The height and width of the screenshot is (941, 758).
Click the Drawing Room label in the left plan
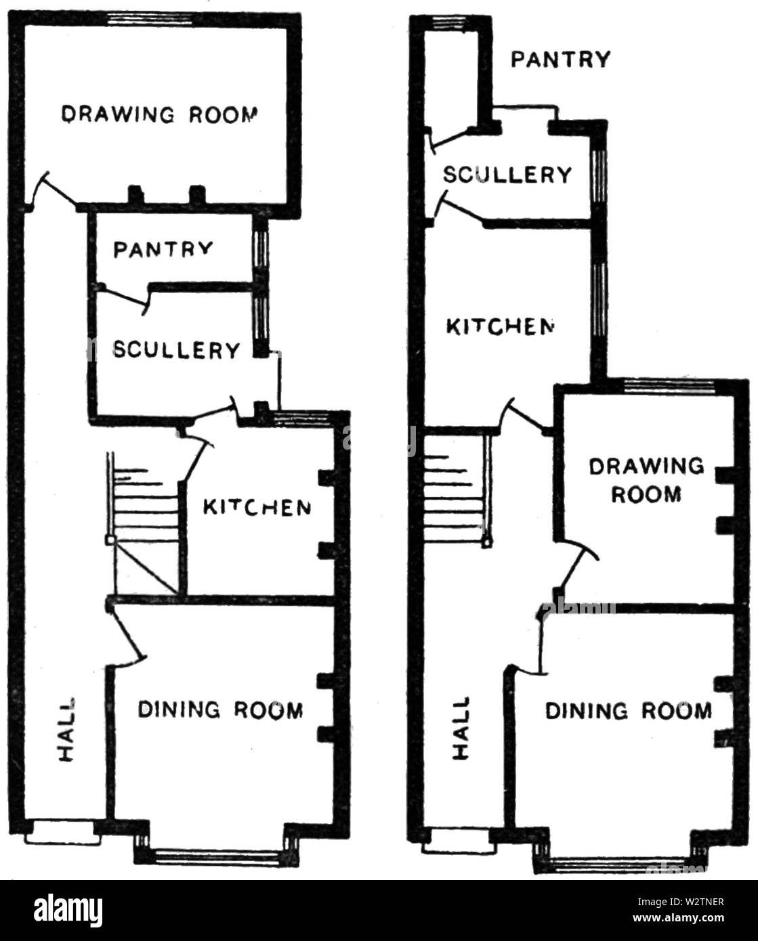[x=159, y=114]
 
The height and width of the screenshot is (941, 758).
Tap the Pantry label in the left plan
[x=163, y=250]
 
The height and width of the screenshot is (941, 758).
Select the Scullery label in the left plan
[x=176, y=350]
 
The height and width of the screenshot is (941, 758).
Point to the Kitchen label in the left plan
[x=257, y=508]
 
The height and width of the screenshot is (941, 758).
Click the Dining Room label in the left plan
[x=220, y=709]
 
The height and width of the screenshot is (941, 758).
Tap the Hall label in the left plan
[x=66, y=729]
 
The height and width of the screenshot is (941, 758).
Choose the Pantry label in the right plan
[x=561, y=59]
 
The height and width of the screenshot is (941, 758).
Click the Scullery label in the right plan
[x=507, y=175]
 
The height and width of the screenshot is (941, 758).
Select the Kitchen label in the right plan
[x=500, y=326]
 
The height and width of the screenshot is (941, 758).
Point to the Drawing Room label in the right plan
[x=646, y=480]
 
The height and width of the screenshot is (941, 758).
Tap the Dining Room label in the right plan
[x=628, y=711]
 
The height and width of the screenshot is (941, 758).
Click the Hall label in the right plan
[x=461, y=728]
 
